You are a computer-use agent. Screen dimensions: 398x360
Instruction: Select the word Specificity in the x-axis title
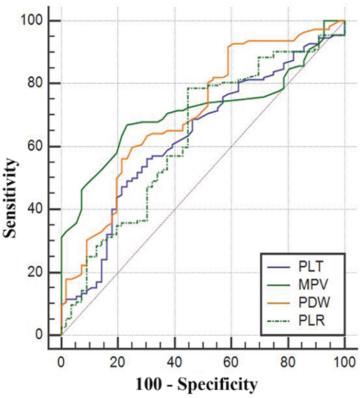coord(216,384)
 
